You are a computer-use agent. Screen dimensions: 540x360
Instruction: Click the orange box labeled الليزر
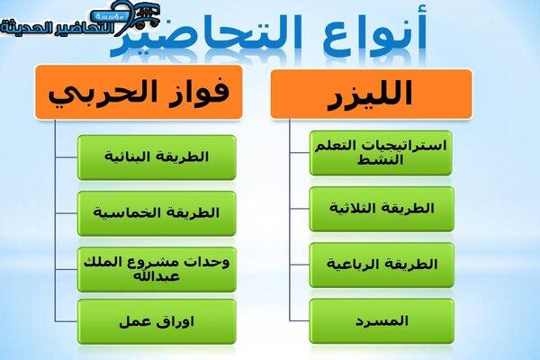pyautogui.click(x=371, y=94)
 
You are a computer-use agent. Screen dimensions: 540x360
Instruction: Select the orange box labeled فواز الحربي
pyautogui.click(x=139, y=93)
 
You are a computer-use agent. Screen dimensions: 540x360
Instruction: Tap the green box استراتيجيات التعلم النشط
pyautogui.click(x=381, y=153)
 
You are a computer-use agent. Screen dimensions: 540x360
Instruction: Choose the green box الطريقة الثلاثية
pyautogui.click(x=382, y=209)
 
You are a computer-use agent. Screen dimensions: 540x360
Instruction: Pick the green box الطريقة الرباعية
pyautogui.click(x=382, y=265)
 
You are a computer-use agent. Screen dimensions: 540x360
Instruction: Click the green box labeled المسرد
pyautogui.click(x=382, y=321)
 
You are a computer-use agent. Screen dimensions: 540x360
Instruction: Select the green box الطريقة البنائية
pyautogui.click(x=157, y=157)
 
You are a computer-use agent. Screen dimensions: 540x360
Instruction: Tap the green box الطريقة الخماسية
pyautogui.click(x=157, y=213)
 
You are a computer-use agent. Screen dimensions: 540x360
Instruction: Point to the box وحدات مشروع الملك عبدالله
pyautogui.click(x=157, y=269)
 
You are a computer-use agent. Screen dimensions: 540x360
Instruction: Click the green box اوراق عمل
pyautogui.click(x=157, y=322)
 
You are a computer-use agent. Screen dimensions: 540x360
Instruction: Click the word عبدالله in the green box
pyautogui.click(x=157, y=276)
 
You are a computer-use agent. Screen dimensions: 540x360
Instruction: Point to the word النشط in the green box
pyautogui.click(x=380, y=160)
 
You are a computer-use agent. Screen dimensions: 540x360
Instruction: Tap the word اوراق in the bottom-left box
pyautogui.click(x=175, y=322)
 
